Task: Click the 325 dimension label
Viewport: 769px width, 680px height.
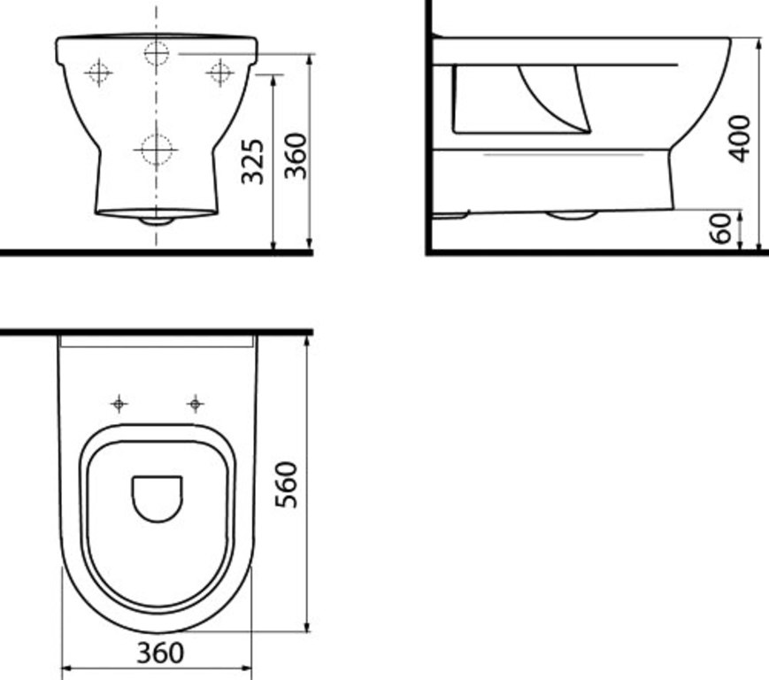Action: point(253,160)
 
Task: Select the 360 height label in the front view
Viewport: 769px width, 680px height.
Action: point(295,156)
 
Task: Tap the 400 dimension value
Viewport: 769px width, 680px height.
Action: point(739,137)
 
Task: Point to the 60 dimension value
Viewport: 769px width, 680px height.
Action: point(722,228)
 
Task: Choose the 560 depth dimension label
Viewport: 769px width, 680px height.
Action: point(285,483)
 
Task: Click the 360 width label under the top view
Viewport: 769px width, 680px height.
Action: point(160,653)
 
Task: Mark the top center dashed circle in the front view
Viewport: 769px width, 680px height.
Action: point(157,54)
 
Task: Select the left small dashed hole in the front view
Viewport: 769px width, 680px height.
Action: point(98,72)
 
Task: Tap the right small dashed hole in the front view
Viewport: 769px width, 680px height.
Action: point(219,72)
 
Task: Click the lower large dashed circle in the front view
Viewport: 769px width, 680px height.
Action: point(156,150)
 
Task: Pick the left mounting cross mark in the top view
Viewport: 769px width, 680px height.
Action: point(119,405)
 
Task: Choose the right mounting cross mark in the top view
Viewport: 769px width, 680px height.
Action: point(195,405)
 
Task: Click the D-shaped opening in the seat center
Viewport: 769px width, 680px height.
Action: point(157,498)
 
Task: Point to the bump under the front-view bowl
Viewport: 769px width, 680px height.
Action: point(157,220)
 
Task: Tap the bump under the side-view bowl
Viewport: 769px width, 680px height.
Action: point(570,215)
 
